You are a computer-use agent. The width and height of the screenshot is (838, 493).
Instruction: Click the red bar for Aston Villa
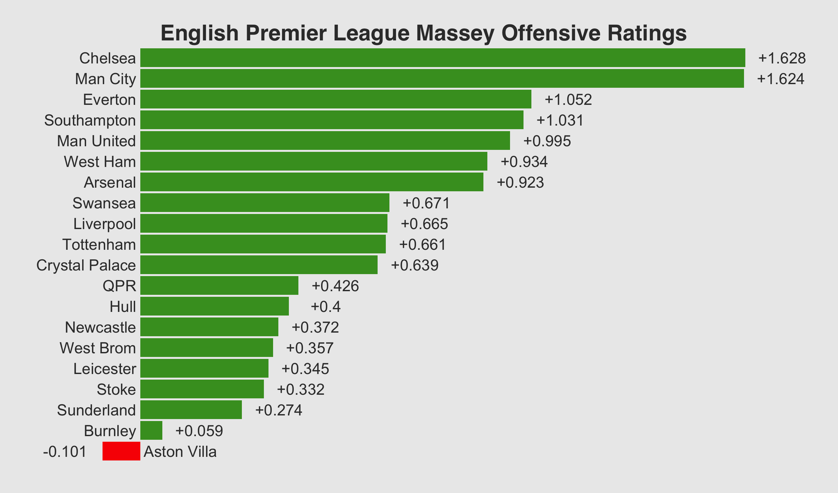tap(121, 451)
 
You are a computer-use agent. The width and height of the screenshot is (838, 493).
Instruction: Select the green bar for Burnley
tap(151, 431)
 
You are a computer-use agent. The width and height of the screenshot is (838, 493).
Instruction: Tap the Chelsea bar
tap(442, 58)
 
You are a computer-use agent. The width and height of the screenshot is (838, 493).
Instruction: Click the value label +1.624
tap(780, 79)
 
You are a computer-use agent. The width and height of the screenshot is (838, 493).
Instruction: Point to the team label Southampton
tap(90, 120)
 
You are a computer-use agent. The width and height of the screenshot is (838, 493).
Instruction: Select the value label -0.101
tap(65, 452)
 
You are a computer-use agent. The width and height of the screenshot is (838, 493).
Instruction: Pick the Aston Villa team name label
tap(180, 452)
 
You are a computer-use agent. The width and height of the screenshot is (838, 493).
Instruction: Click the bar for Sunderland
tap(191, 410)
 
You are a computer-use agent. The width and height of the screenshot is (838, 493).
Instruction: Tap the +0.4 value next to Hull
tap(326, 306)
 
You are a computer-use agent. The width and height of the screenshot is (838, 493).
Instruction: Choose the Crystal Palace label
tap(86, 266)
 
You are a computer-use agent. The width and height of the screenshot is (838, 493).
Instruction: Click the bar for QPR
tap(219, 285)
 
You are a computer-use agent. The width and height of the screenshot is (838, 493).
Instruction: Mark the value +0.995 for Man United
tap(547, 141)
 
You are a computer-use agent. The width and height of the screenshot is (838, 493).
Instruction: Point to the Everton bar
tap(336, 99)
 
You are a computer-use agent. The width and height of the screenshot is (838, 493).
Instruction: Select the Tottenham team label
tap(99, 245)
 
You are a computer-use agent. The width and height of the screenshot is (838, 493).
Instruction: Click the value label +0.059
tap(199, 431)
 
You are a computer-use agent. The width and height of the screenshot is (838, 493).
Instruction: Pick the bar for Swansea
tap(265, 202)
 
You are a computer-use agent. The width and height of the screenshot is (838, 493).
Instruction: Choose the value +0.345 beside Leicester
tap(305, 369)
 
